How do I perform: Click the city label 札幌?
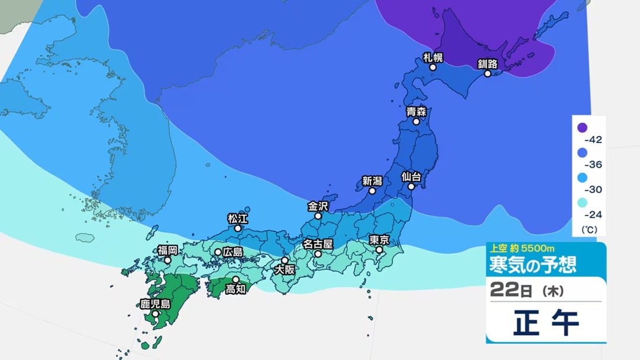tap(432, 58)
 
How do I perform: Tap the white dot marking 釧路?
tap(488, 74)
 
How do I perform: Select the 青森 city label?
tap(416, 111)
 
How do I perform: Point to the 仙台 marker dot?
tap(412, 186)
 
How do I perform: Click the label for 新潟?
tap(372, 181)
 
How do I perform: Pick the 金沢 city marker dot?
tap(318, 216)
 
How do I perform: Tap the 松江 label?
tap(237, 218)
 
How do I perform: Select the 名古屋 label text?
tap(318, 244)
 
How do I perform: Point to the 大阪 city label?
tap(286, 271)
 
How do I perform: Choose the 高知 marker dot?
tap(235, 279)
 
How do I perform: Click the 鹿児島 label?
tap(155, 304)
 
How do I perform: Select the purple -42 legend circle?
tap(582, 127)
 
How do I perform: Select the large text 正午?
tap(546, 323)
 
